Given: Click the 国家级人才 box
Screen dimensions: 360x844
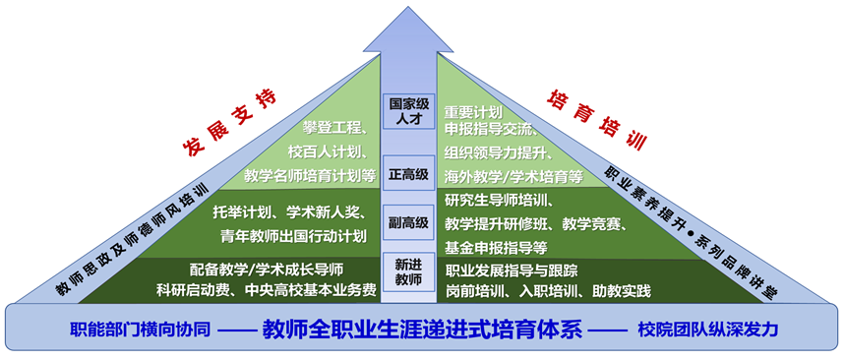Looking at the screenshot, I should click(408, 111).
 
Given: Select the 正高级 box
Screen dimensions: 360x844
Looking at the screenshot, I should click(408, 174).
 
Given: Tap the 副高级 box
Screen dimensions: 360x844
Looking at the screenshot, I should click(408, 223).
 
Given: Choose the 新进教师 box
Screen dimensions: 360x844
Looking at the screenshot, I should click(408, 271).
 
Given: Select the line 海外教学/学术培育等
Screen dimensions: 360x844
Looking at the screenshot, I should click(512, 177).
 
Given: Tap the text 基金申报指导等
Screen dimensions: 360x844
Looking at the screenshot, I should click(496, 247).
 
